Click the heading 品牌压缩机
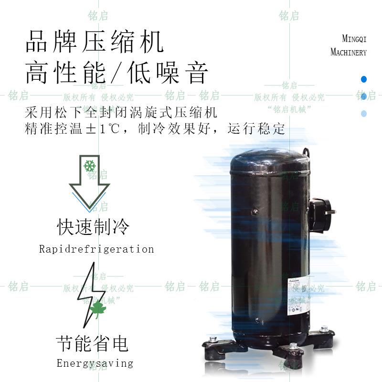94,41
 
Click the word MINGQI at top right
354,39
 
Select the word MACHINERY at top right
349,52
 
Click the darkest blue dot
364,79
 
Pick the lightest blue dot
364,114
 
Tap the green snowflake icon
89,166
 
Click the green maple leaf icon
98,309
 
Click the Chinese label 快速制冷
93,227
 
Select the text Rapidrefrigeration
96,249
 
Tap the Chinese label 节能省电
92,343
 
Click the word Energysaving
95,363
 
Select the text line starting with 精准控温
155,129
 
